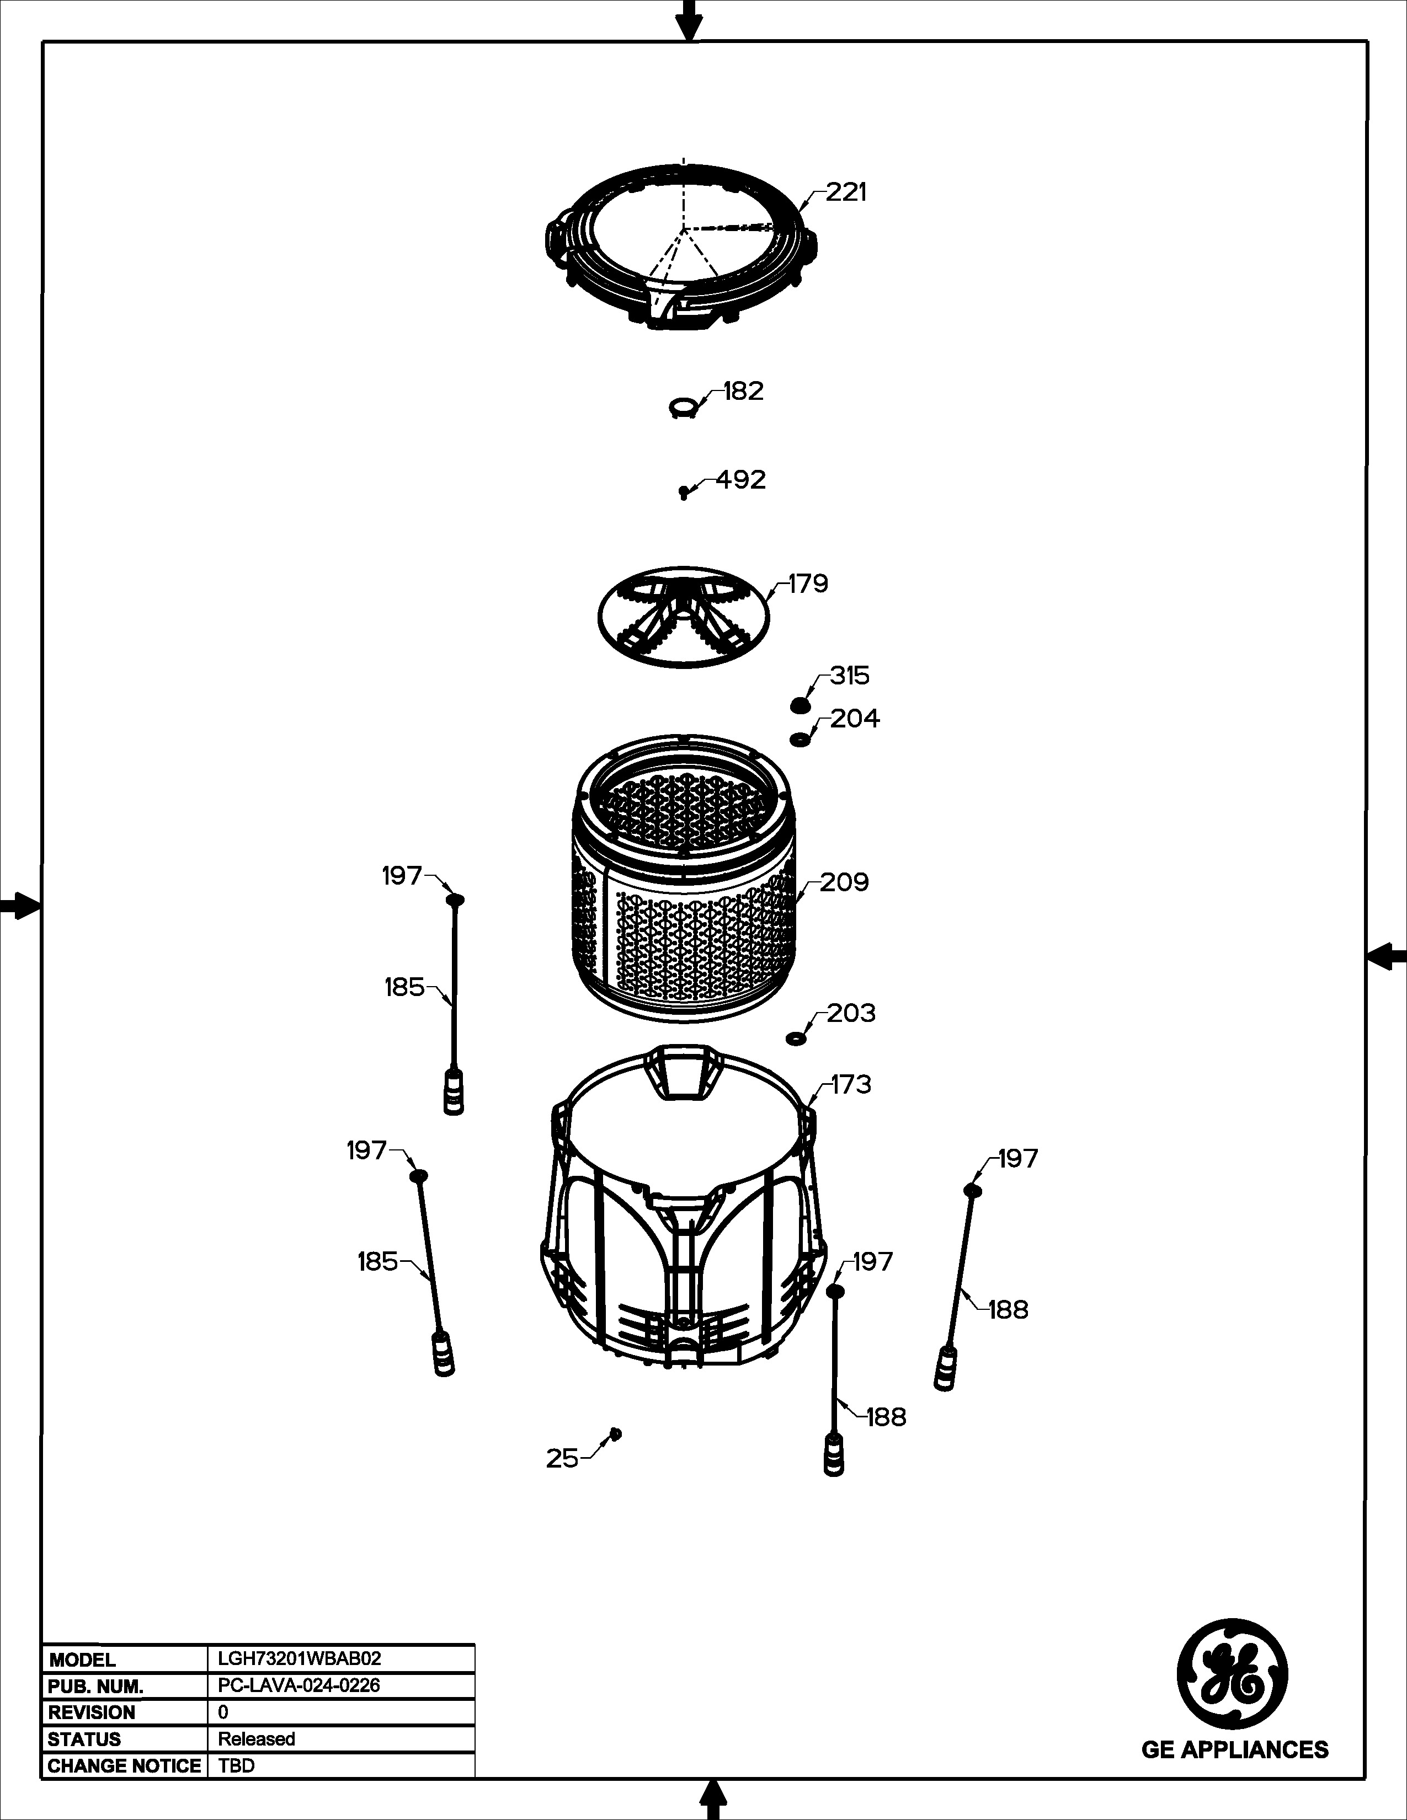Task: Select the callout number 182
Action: pos(744,391)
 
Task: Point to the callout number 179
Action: pos(808,584)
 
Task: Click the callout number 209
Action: pos(844,882)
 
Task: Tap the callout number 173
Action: pos(851,1084)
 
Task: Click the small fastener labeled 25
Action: pos(616,1432)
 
